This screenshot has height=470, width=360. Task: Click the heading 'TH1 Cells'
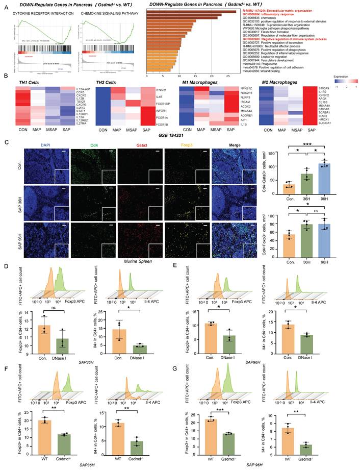[24, 81]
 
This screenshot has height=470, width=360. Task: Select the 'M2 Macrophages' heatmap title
[279, 81]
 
